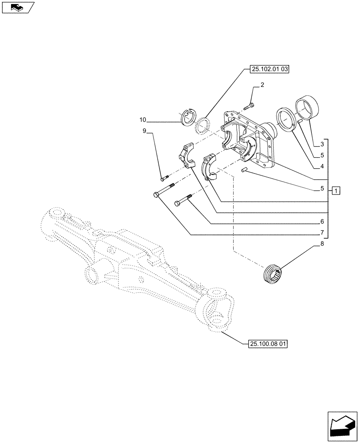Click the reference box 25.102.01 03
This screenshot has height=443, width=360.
point(266,70)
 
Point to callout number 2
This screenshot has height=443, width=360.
point(262,85)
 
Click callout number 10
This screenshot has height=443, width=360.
point(143,120)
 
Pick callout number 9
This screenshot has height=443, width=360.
point(145,131)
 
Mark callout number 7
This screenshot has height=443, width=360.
point(322,232)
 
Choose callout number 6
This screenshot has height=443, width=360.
point(322,221)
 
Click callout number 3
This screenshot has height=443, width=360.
point(322,144)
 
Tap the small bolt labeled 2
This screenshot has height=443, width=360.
point(249,106)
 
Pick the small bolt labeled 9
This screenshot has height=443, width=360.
point(165,179)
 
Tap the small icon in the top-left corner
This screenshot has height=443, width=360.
point(18,7)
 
